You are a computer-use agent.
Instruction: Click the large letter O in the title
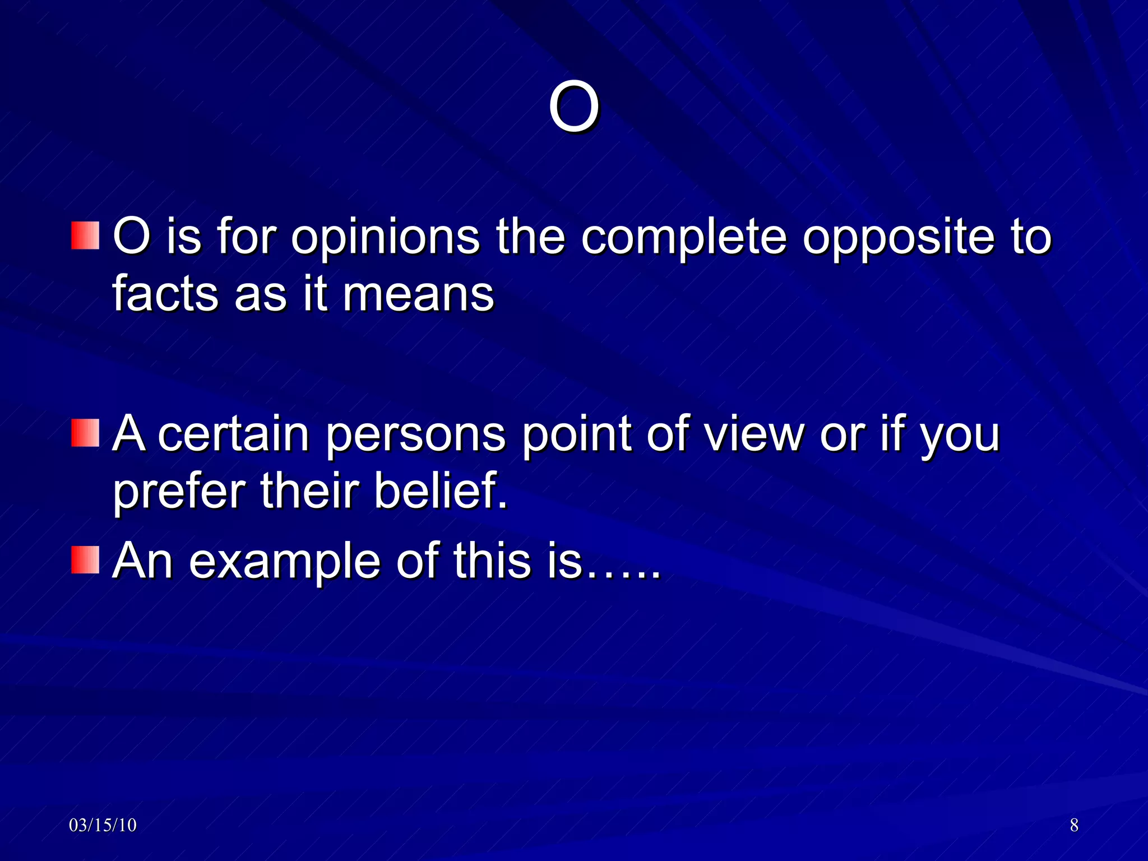[x=573, y=107]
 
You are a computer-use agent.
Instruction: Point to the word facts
[x=165, y=294]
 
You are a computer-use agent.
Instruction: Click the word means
[x=418, y=295]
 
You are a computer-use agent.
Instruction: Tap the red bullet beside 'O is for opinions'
[x=85, y=235]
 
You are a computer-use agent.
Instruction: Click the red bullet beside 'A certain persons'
[x=85, y=433]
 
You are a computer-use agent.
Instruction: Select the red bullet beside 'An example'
[x=85, y=560]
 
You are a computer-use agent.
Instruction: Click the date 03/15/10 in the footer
[x=103, y=825]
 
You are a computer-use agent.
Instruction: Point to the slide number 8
[x=1074, y=825]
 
